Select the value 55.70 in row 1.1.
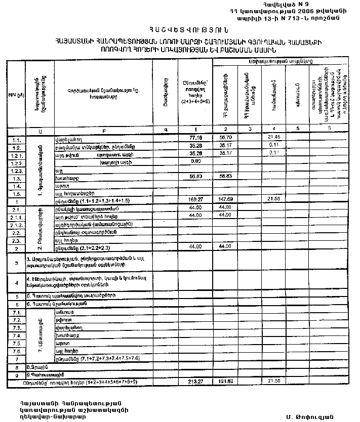click(x=225, y=137)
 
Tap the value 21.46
click(x=274, y=137)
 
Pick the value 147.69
click(x=225, y=200)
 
